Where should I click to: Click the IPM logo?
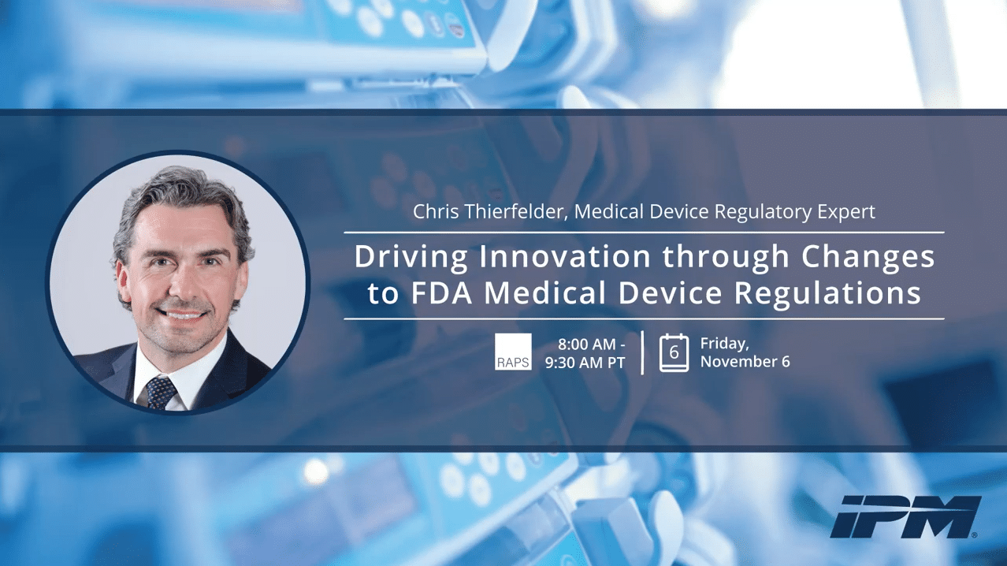pos(905,517)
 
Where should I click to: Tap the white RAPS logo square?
pos(513,352)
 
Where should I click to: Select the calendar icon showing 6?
pos(674,353)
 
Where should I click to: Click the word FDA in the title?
pos(441,293)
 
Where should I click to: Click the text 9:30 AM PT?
pos(585,363)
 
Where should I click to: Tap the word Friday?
pos(724,344)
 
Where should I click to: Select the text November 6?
pos(745,362)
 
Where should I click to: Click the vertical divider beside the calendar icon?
pos(642,352)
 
